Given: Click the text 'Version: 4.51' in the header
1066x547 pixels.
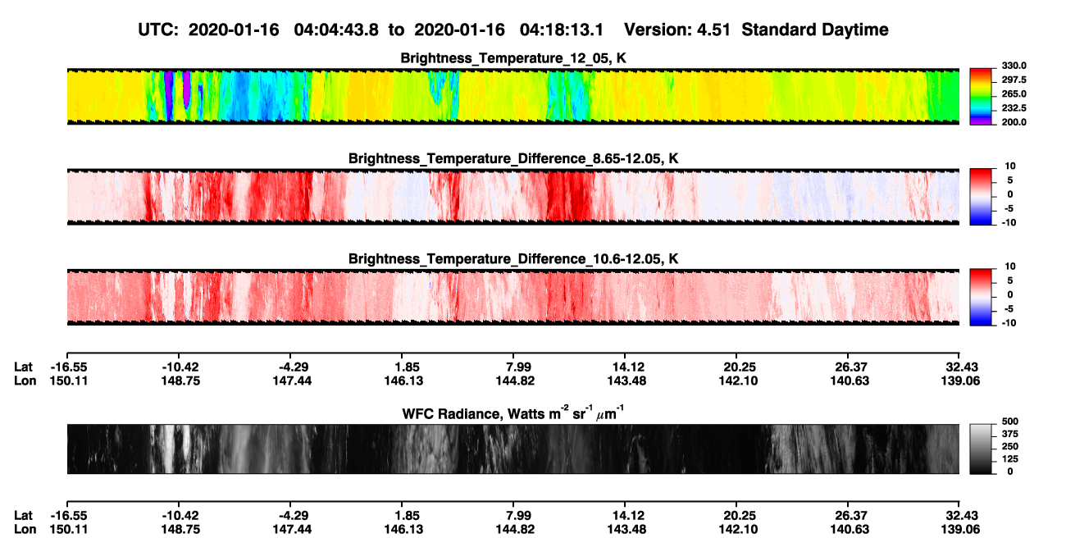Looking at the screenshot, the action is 676,30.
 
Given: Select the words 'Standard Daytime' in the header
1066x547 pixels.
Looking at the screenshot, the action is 815,30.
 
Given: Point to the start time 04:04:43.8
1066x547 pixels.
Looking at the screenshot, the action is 336,30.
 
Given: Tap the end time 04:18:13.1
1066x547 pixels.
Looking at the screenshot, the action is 562,30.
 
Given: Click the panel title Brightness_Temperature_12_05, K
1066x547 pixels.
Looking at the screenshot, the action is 513,58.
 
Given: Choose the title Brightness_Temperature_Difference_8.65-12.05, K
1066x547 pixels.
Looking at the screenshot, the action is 513,158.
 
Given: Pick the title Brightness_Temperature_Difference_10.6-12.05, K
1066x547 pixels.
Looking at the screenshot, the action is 513,258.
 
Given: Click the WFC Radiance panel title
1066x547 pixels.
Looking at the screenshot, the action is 513,413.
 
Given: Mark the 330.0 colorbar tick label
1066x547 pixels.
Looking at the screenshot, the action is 1014,66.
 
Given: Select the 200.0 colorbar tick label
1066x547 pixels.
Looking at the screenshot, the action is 1014,122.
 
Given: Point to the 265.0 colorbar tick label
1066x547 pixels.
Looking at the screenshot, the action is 1014,93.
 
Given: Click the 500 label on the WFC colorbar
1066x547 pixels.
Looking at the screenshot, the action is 1010,422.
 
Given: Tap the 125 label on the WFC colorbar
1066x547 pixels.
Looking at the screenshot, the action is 1010,459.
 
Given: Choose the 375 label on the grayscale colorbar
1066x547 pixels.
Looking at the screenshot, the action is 1010,434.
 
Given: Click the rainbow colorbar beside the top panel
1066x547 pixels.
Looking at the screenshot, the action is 981,97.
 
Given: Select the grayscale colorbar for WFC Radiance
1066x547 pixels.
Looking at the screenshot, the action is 981,449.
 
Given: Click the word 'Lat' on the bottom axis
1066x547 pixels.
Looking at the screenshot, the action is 23,515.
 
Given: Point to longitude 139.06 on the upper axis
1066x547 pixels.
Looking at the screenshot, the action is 960,381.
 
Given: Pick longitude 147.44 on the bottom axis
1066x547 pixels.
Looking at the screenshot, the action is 292,529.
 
